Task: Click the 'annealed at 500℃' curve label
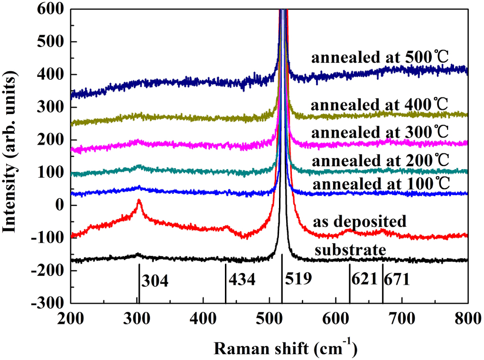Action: (x=380, y=57)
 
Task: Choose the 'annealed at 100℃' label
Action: (x=380, y=183)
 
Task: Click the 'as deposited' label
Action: (x=360, y=221)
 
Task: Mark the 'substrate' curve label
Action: (x=348, y=249)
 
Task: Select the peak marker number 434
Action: (x=242, y=280)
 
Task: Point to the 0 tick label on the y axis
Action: (x=60, y=205)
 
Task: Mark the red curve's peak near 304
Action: (x=139, y=201)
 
